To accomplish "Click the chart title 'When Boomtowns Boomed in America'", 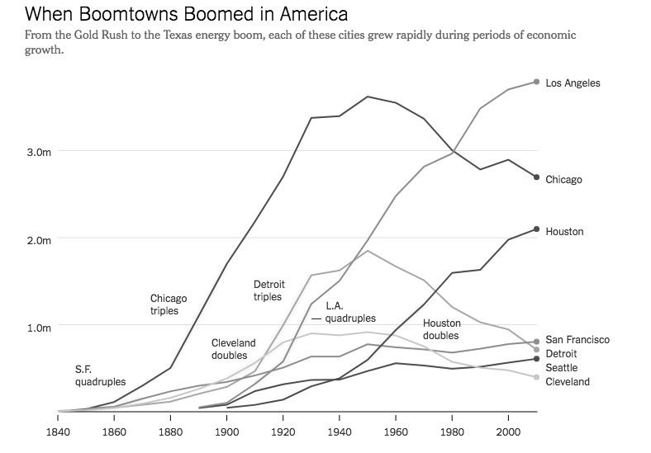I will [x=175, y=15].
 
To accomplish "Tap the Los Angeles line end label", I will [x=573, y=83].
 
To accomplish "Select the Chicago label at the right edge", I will [x=563, y=180].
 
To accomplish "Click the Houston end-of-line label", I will [x=564, y=232].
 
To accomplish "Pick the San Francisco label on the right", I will [x=577, y=340].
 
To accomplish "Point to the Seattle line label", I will [x=562, y=368].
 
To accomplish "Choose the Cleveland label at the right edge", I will [x=568, y=382].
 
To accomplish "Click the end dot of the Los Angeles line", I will [x=537, y=82].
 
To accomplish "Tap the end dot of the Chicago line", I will [x=537, y=177].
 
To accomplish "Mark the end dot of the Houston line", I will [x=537, y=229].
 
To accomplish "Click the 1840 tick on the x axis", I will [x=58, y=431].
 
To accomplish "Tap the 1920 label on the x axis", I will [x=283, y=431].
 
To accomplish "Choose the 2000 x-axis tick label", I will [x=508, y=431].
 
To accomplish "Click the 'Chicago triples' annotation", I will [x=169, y=305].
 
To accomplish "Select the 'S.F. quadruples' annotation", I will [x=100, y=375].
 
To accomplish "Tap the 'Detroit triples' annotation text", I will [x=268, y=290].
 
